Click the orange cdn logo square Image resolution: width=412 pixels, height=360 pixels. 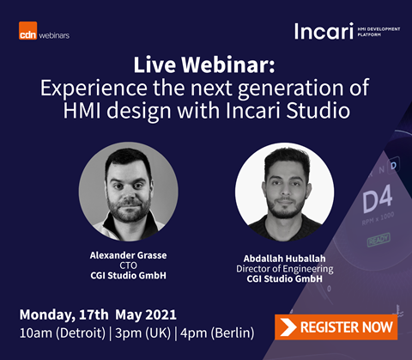click(x=27, y=31)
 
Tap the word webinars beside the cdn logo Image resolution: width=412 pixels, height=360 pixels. click(x=54, y=35)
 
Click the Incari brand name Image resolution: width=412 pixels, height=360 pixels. click(x=324, y=31)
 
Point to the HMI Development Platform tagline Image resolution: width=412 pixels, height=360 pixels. click(x=379, y=32)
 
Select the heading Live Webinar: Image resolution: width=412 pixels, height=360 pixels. click(x=204, y=64)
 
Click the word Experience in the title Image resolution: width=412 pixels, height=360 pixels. click(x=94, y=88)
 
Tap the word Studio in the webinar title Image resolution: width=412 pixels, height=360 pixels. click(x=318, y=111)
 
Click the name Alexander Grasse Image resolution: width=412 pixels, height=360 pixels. click(x=128, y=255)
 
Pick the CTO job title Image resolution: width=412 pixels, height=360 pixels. click(x=128, y=265)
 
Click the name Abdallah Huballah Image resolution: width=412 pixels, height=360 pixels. click(x=284, y=259)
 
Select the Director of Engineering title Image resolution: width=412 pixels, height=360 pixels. click(x=285, y=269)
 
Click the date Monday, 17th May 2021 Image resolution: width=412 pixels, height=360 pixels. click(x=98, y=314)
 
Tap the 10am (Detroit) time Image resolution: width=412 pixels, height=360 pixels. click(x=63, y=333)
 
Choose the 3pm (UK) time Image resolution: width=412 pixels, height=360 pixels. click(x=142, y=333)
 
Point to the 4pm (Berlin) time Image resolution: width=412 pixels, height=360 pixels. click(x=217, y=333)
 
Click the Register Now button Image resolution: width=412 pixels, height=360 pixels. click(x=336, y=327)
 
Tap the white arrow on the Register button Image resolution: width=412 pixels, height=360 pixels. click(x=288, y=327)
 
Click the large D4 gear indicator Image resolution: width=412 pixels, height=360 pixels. click(x=378, y=199)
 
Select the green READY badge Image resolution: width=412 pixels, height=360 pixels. click(x=379, y=240)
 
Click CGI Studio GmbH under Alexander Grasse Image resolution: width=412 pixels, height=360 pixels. click(x=128, y=276)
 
